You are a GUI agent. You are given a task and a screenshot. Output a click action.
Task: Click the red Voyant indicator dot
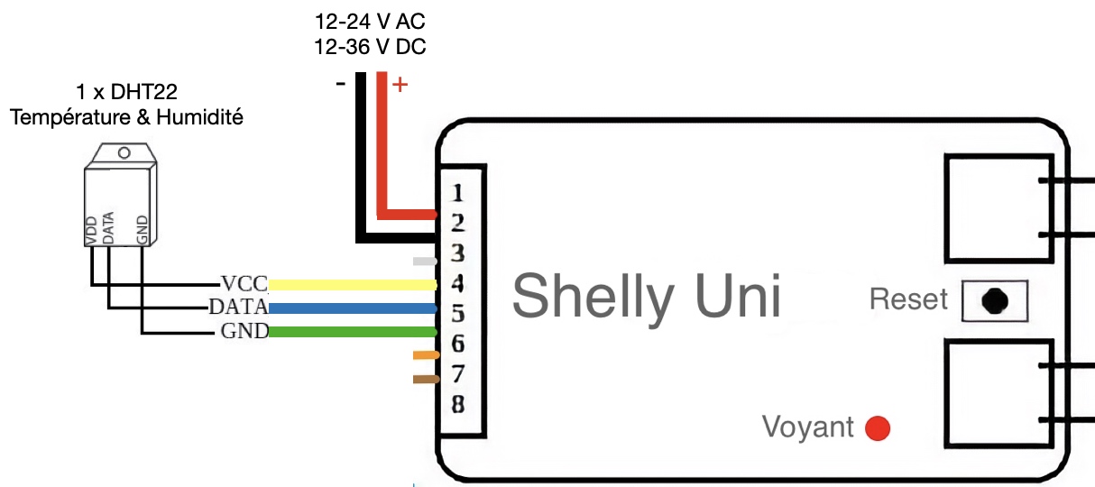pyautogui.click(x=878, y=428)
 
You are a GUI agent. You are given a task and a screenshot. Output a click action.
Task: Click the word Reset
pyautogui.click(x=908, y=299)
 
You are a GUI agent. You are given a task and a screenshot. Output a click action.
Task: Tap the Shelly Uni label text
pyautogui.click(x=646, y=296)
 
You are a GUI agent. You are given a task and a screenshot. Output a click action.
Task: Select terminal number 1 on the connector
pyautogui.click(x=457, y=193)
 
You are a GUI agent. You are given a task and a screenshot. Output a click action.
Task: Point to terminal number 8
pyautogui.click(x=457, y=404)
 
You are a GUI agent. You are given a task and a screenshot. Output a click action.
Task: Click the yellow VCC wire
pyautogui.click(x=352, y=285)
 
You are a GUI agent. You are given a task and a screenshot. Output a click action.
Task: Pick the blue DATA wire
pyautogui.click(x=352, y=308)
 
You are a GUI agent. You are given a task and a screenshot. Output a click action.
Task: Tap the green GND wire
pyautogui.click(x=352, y=332)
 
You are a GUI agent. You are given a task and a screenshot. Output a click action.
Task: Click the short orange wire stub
pyautogui.click(x=425, y=355)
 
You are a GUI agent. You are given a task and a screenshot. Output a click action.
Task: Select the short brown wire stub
pyautogui.click(x=425, y=379)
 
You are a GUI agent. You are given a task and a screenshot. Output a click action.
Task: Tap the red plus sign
pyautogui.click(x=400, y=86)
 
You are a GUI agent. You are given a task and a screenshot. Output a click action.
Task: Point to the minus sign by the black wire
pyautogui.click(x=340, y=84)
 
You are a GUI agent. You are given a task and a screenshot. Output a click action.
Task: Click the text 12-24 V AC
pyautogui.click(x=370, y=21)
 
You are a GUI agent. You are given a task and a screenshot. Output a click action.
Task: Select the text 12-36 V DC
pyautogui.click(x=370, y=47)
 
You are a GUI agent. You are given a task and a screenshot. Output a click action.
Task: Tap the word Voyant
pyautogui.click(x=807, y=427)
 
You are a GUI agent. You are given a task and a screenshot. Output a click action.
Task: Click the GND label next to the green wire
pyautogui.click(x=244, y=332)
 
